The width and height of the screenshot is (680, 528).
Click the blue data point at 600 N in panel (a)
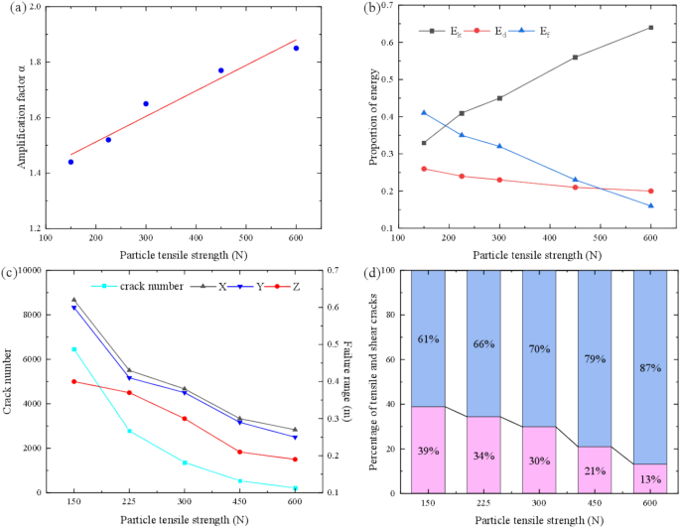(x=296, y=48)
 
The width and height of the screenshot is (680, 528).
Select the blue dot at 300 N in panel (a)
(x=146, y=103)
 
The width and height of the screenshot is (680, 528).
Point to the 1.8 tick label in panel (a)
(x=34, y=62)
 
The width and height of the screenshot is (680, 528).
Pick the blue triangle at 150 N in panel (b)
(x=424, y=112)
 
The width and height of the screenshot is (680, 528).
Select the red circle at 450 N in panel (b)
(x=576, y=188)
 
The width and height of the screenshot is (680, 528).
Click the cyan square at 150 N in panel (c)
(x=73, y=349)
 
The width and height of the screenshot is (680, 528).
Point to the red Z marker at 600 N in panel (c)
(x=296, y=459)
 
